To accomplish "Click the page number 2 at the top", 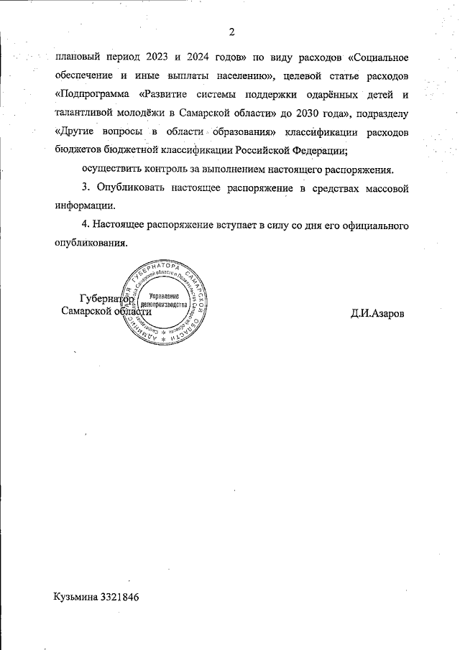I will [x=231, y=32].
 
